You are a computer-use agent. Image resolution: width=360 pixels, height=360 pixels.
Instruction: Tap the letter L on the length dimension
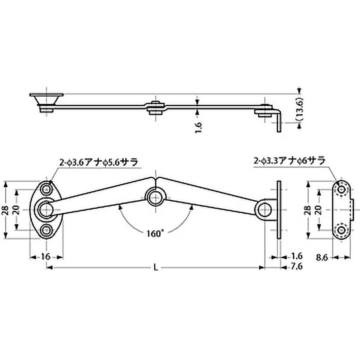pos(155,267)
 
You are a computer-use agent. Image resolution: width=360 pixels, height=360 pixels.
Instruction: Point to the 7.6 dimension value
pos(296,267)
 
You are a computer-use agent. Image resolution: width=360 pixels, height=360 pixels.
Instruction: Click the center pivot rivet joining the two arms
pos(155,196)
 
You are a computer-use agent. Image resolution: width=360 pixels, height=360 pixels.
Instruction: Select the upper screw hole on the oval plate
pos(46,188)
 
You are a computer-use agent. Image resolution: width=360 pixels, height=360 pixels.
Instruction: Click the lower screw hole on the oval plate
pos(46,231)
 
